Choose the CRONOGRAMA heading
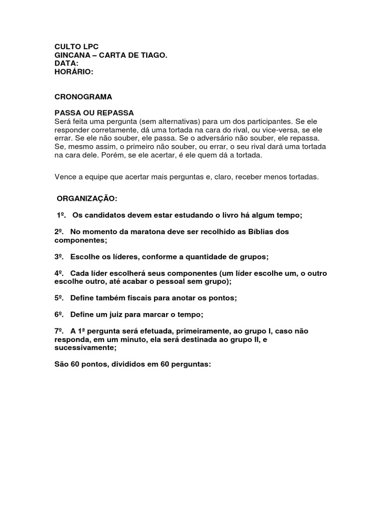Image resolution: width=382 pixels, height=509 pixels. tap(83, 97)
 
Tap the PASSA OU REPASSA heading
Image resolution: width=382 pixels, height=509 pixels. tap(94, 113)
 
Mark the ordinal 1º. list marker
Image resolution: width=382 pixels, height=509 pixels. tap(61, 215)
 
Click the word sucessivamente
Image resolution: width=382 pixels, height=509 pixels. tap(85, 347)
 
